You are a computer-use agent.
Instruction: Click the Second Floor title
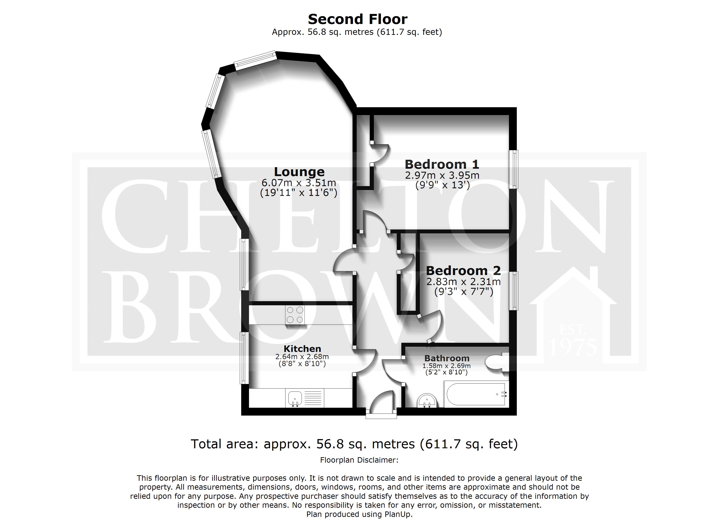click(357, 19)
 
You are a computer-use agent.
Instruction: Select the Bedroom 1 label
click(442, 164)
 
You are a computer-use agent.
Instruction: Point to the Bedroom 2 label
click(463, 270)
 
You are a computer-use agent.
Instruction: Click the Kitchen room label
click(302, 349)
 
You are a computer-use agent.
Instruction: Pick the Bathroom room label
click(447, 358)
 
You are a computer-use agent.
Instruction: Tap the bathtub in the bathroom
click(476, 394)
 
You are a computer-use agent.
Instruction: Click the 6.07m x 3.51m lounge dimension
click(299, 183)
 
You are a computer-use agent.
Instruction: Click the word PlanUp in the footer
click(398, 514)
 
